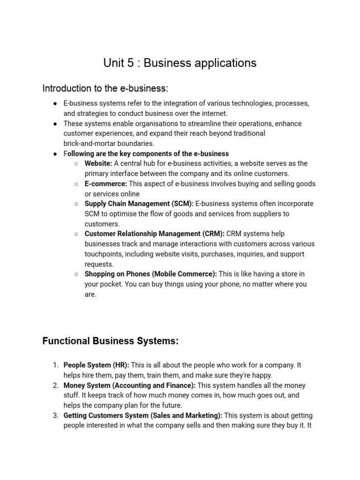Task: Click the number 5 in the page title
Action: [x=130, y=63]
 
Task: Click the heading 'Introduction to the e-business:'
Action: [x=105, y=88]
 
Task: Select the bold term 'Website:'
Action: [x=98, y=164]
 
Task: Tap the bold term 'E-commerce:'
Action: [x=106, y=184]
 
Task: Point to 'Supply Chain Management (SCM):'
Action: [x=139, y=204]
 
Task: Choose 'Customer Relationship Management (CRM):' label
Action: [x=155, y=234]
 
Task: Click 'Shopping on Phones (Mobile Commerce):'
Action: [x=150, y=274]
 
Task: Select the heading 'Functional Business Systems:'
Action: [x=110, y=341]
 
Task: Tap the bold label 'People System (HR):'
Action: [x=97, y=365]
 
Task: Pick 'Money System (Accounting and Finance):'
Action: [x=130, y=385]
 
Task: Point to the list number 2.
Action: [x=55, y=385]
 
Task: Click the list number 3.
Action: [x=55, y=415]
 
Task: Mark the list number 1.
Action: [x=55, y=365]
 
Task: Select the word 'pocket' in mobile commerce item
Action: [x=110, y=284]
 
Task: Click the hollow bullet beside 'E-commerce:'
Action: [x=76, y=184]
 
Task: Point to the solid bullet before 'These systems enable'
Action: [x=55, y=124]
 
